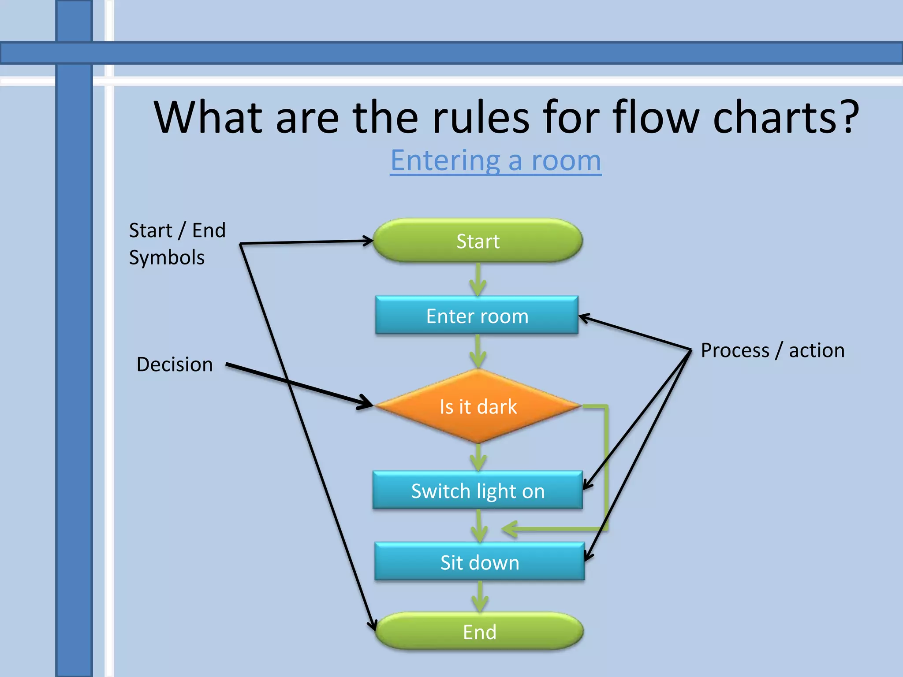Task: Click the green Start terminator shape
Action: coord(478,241)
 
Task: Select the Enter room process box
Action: coord(477,315)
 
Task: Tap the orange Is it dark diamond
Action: coord(478,406)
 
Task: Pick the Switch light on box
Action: coord(478,490)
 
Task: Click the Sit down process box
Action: coord(479,562)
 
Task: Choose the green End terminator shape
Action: coord(479,631)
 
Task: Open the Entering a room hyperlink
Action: coord(496,160)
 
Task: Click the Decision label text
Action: coord(175,365)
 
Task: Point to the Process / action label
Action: coord(772,350)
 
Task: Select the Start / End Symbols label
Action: coord(176,244)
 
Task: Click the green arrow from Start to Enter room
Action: coord(478,280)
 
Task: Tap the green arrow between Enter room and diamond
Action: coord(478,352)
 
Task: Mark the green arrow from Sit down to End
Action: coord(480,597)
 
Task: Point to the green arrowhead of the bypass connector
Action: coord(509,529)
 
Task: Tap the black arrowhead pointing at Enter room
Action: coord(584,317)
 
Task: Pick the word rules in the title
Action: coord(480,117)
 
